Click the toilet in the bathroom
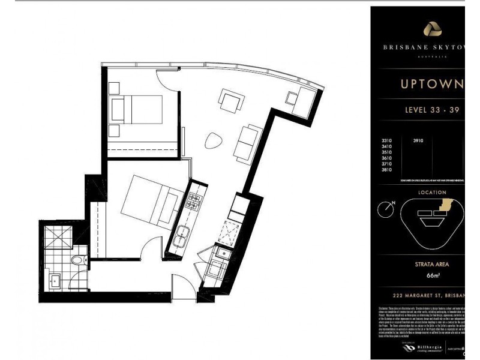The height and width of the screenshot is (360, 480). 76,260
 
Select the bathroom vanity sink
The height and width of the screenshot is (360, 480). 55,280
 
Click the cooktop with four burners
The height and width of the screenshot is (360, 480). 195,202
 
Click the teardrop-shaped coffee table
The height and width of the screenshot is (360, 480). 213,142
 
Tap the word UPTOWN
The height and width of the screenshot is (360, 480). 431,85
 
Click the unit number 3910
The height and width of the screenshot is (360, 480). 418,141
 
